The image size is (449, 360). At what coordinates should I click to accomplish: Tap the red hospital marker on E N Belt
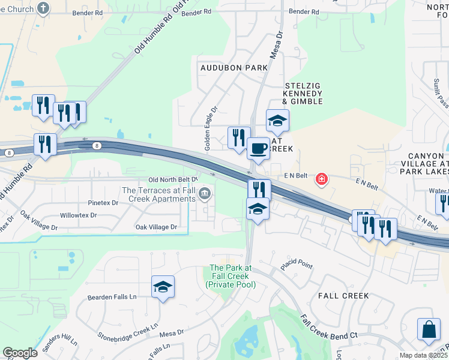point(322,179)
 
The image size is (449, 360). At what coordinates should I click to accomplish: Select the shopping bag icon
point(430,329)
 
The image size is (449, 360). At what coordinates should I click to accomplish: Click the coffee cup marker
point(259,148)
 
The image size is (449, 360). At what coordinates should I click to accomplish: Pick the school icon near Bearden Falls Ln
point(163,287)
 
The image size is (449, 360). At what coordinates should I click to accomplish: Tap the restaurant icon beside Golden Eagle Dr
point(238,137)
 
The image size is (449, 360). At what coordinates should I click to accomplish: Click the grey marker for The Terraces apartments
point(205,194)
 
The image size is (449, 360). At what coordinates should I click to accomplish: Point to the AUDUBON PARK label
point(235,68)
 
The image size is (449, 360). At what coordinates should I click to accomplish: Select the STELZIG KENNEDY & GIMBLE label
point(303,94)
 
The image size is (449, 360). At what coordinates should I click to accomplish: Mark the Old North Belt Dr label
point(172,179)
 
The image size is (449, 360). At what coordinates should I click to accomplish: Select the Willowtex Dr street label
point(78,215)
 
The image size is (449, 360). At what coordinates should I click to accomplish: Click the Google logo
point(20,353)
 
